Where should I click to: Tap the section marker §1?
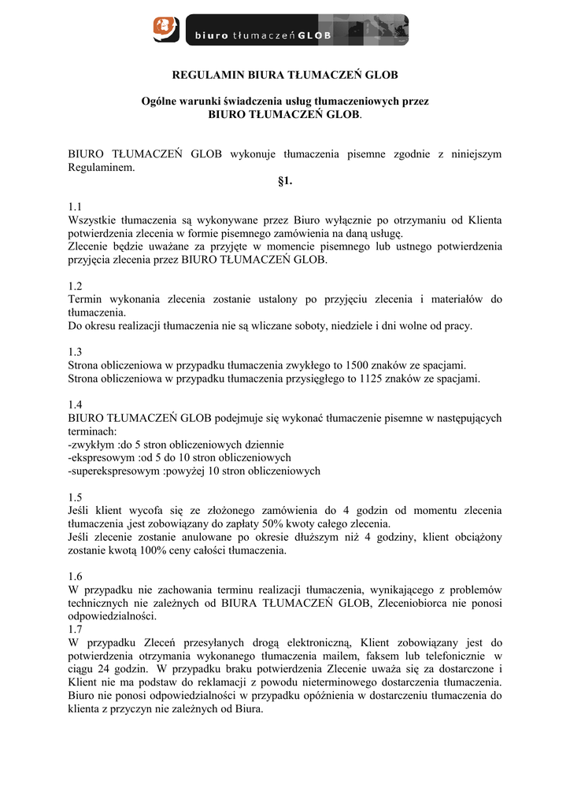click(x=285, y=181)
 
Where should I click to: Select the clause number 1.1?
click(x=76, y=207)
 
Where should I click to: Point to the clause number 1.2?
click(x=76, y=286)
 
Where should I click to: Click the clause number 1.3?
click(x=76, y=352)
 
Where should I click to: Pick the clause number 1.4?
click(x=76, y=405)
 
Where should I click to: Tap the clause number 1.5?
click(x=76, y=497)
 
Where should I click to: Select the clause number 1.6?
click(x=76, y=576)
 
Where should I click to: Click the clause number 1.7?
click(x=76, y=630)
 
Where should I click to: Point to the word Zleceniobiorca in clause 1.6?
click(x=420, y=603)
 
